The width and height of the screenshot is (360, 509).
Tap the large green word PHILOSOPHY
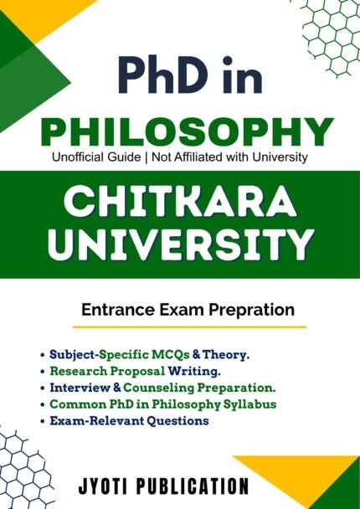[181, 131]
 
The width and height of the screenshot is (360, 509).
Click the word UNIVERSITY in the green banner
[180, 247]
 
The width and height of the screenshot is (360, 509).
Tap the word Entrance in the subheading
[116, 310]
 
